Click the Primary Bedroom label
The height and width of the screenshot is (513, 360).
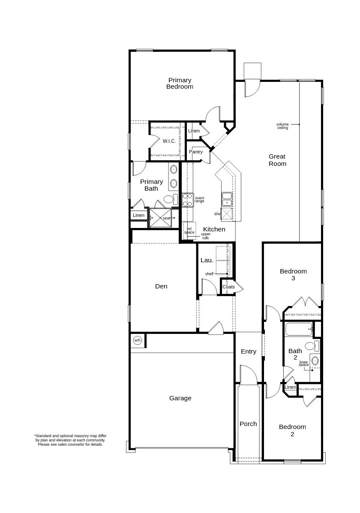[x=180, y=83]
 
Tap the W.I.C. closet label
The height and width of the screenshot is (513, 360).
[x=169, y=141]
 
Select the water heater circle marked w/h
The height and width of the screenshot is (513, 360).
[x=138, y=340]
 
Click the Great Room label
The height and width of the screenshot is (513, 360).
[x=277, y=160]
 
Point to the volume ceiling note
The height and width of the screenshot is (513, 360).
[x=282, y=126]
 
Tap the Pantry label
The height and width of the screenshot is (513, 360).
[x=196, y=152]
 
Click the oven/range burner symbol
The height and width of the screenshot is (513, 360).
[x=188, y=200]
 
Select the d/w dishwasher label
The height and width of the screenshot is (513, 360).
[x=217, y=214]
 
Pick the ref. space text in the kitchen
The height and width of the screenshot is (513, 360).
[x=189, y=231]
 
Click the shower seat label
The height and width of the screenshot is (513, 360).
[x=166, y=218]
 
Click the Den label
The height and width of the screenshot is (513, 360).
[x=161, y=286]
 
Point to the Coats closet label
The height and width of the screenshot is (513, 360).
[x=228, y=287]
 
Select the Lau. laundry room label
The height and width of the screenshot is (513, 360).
[x=207, y=260]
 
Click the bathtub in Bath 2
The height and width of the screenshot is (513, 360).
[x=299, y=329]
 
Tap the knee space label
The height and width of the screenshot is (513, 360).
[x=304, y=363]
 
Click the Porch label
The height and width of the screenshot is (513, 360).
[x=248, y=424]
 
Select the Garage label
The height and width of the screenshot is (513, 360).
[x=180, y=398]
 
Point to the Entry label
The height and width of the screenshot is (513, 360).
[x=249, y=351]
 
